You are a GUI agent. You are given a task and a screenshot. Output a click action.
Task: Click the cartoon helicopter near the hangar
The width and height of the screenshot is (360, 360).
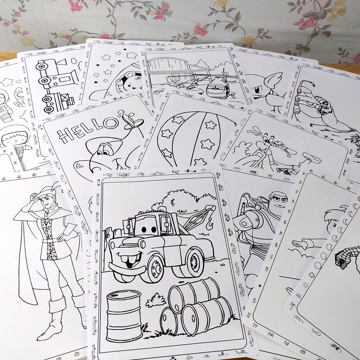tap(218, 87)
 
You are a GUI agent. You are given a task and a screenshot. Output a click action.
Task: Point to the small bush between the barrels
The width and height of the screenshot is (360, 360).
tap(156, 300)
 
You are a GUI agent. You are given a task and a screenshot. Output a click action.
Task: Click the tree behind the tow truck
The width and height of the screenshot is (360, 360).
tap(184, 199)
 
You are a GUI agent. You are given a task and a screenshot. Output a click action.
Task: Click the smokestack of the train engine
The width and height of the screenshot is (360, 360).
tap(60, 62)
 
